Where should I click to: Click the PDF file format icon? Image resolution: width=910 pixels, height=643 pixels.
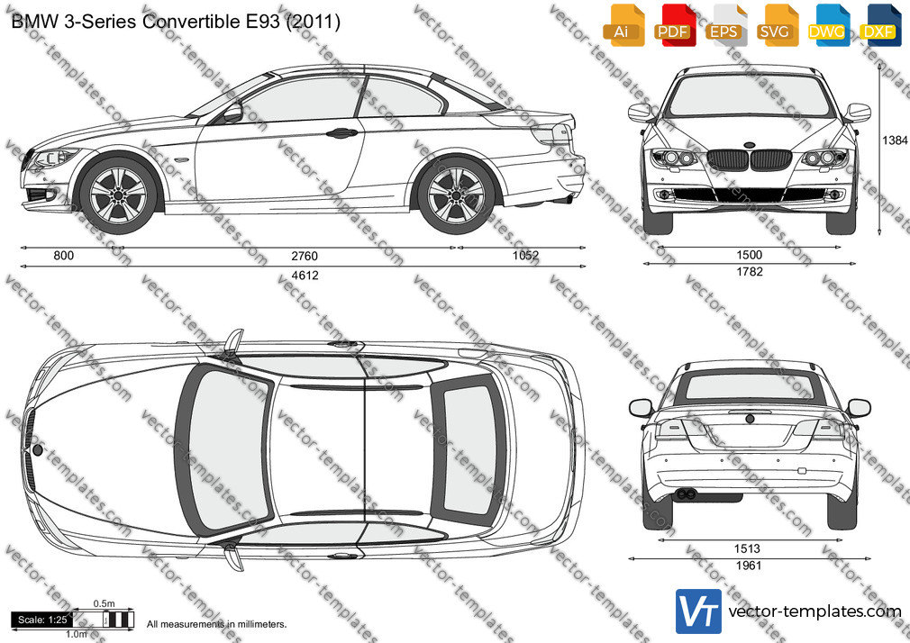point(673,25)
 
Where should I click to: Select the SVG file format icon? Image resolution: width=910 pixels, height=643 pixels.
point(776,25)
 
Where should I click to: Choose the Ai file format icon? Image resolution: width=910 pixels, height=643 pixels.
point(623,25)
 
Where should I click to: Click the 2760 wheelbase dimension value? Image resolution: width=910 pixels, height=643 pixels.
point(305,256)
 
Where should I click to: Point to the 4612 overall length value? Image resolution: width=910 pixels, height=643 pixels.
point(305,275)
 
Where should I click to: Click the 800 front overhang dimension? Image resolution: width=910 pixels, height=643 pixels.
point(64,256)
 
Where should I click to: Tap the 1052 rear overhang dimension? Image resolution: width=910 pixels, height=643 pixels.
point(526,256)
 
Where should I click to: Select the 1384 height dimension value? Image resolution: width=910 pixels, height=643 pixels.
point(895,140)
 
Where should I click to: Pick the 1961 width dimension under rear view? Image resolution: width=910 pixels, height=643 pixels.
point(749,566)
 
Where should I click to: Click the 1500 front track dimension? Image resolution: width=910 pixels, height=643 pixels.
point(750,255)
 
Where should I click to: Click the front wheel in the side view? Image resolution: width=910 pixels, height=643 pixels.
point(118,195)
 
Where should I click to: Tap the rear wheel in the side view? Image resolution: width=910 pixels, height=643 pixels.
point(456,195)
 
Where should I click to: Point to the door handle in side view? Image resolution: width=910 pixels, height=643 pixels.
point(341,133)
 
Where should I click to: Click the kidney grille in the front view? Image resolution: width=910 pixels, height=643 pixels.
point(749,159)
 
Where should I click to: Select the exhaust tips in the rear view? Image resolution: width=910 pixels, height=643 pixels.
point(686,494)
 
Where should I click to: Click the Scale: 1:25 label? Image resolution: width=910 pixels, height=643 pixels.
point(42,620)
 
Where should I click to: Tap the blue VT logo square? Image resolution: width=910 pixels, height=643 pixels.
point(698,611)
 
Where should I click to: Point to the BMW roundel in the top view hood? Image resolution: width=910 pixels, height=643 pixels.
point(38,449)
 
